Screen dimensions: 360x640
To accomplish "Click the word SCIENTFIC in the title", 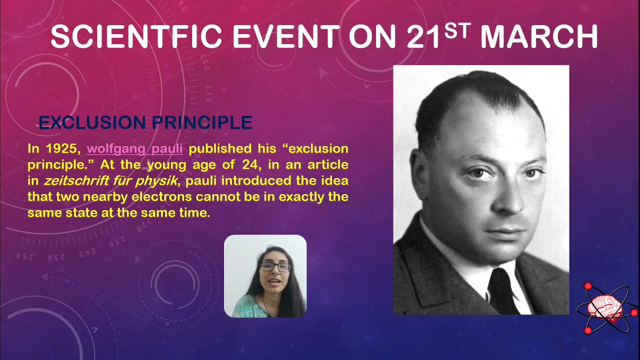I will coord(136,37).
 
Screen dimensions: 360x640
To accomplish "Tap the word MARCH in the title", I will coord(539,37).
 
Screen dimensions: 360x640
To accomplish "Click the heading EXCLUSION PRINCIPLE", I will coord(145,123).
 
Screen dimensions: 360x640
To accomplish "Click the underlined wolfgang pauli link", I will coord(135,149).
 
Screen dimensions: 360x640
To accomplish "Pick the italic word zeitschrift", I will coord(76,181).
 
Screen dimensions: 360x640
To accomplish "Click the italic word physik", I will coord(156,181).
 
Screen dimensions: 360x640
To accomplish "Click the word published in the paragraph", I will coord(219,149).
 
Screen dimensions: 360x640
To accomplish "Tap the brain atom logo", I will coord(606,307).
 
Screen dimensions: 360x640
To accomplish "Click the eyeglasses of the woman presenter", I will coord(275,266).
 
